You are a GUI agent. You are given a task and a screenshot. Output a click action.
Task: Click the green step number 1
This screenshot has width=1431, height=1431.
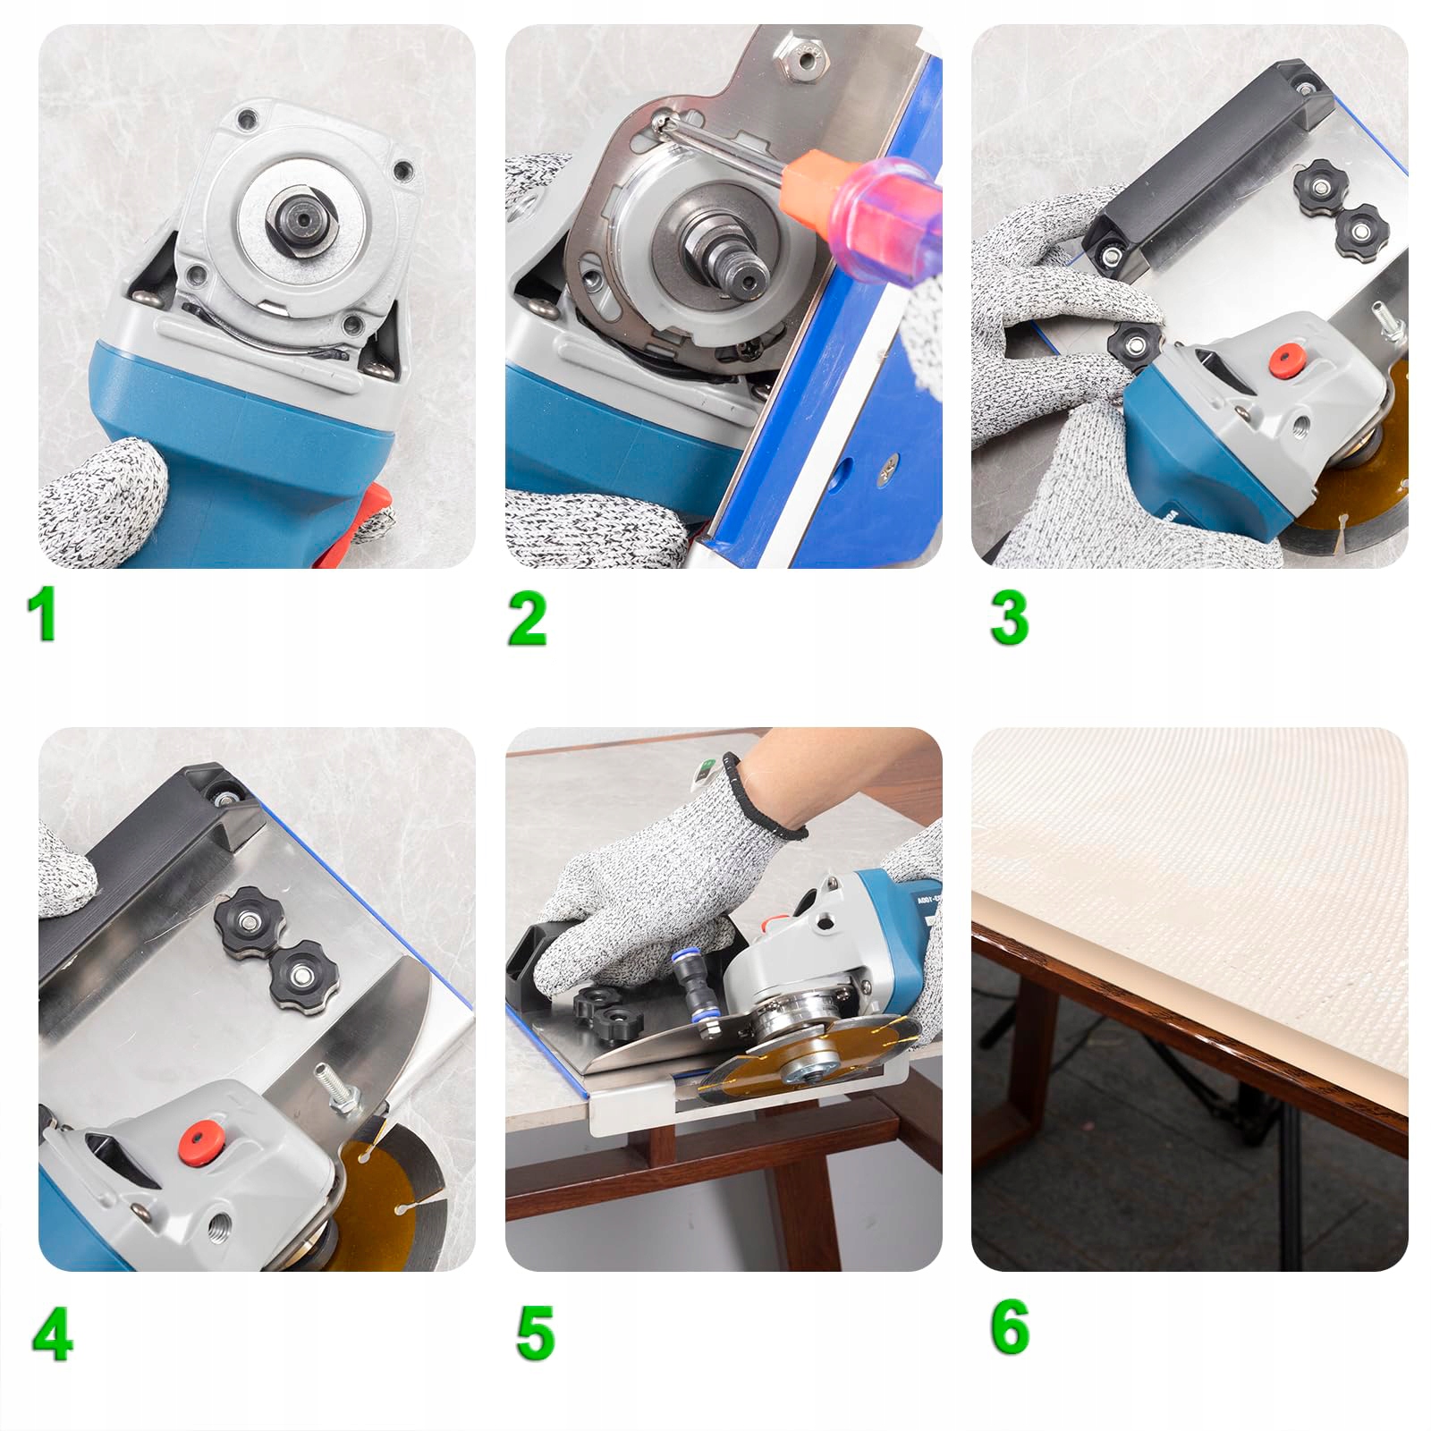pos(41,614)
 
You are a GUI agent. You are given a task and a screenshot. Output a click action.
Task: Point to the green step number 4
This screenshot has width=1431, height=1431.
pos(52,1334)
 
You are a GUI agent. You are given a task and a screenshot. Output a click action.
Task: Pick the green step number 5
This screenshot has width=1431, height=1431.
pos(535,1333)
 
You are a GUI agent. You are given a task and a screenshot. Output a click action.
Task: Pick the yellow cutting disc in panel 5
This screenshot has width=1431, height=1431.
pos(809,1061)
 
